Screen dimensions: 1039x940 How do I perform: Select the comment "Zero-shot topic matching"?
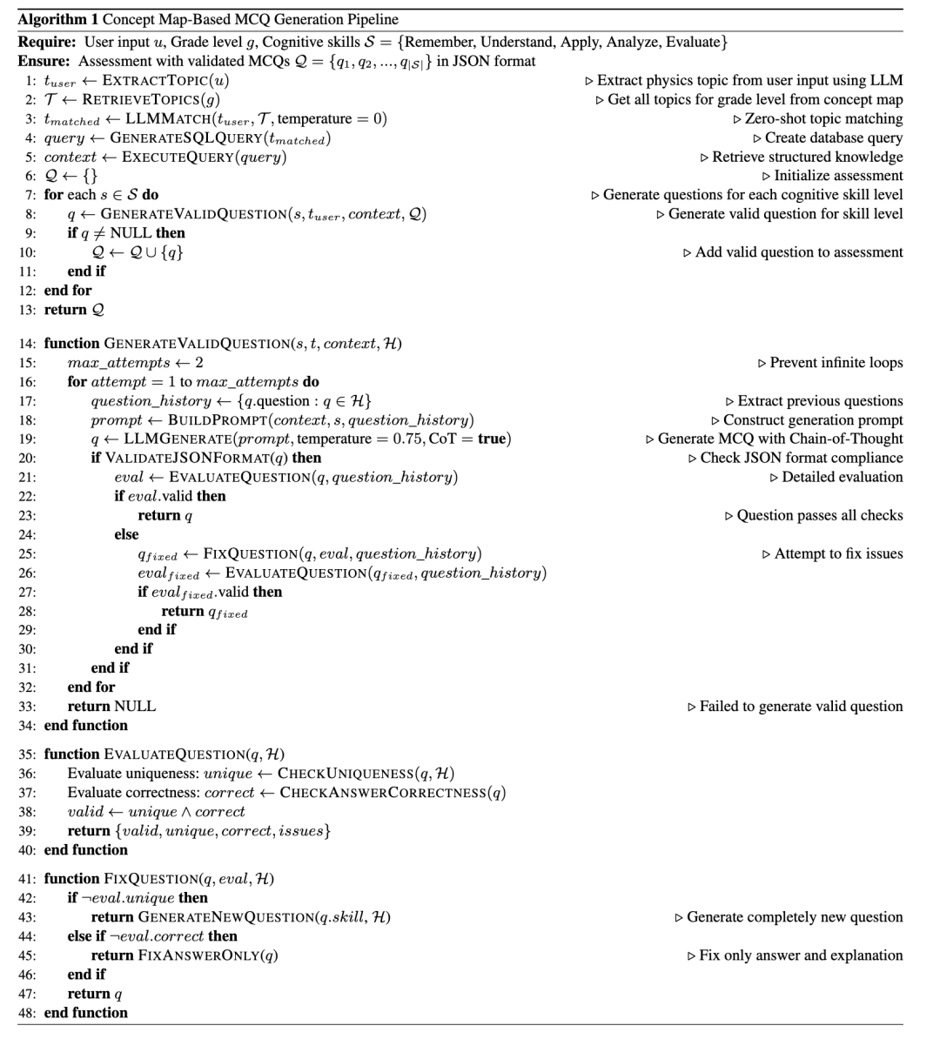pyautogui.click(x=823, y=118)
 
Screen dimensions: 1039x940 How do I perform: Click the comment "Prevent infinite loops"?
pyautogui.click(x=836, y=363)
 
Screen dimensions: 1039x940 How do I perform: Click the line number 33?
pyautogui.click(x=26, y=707)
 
